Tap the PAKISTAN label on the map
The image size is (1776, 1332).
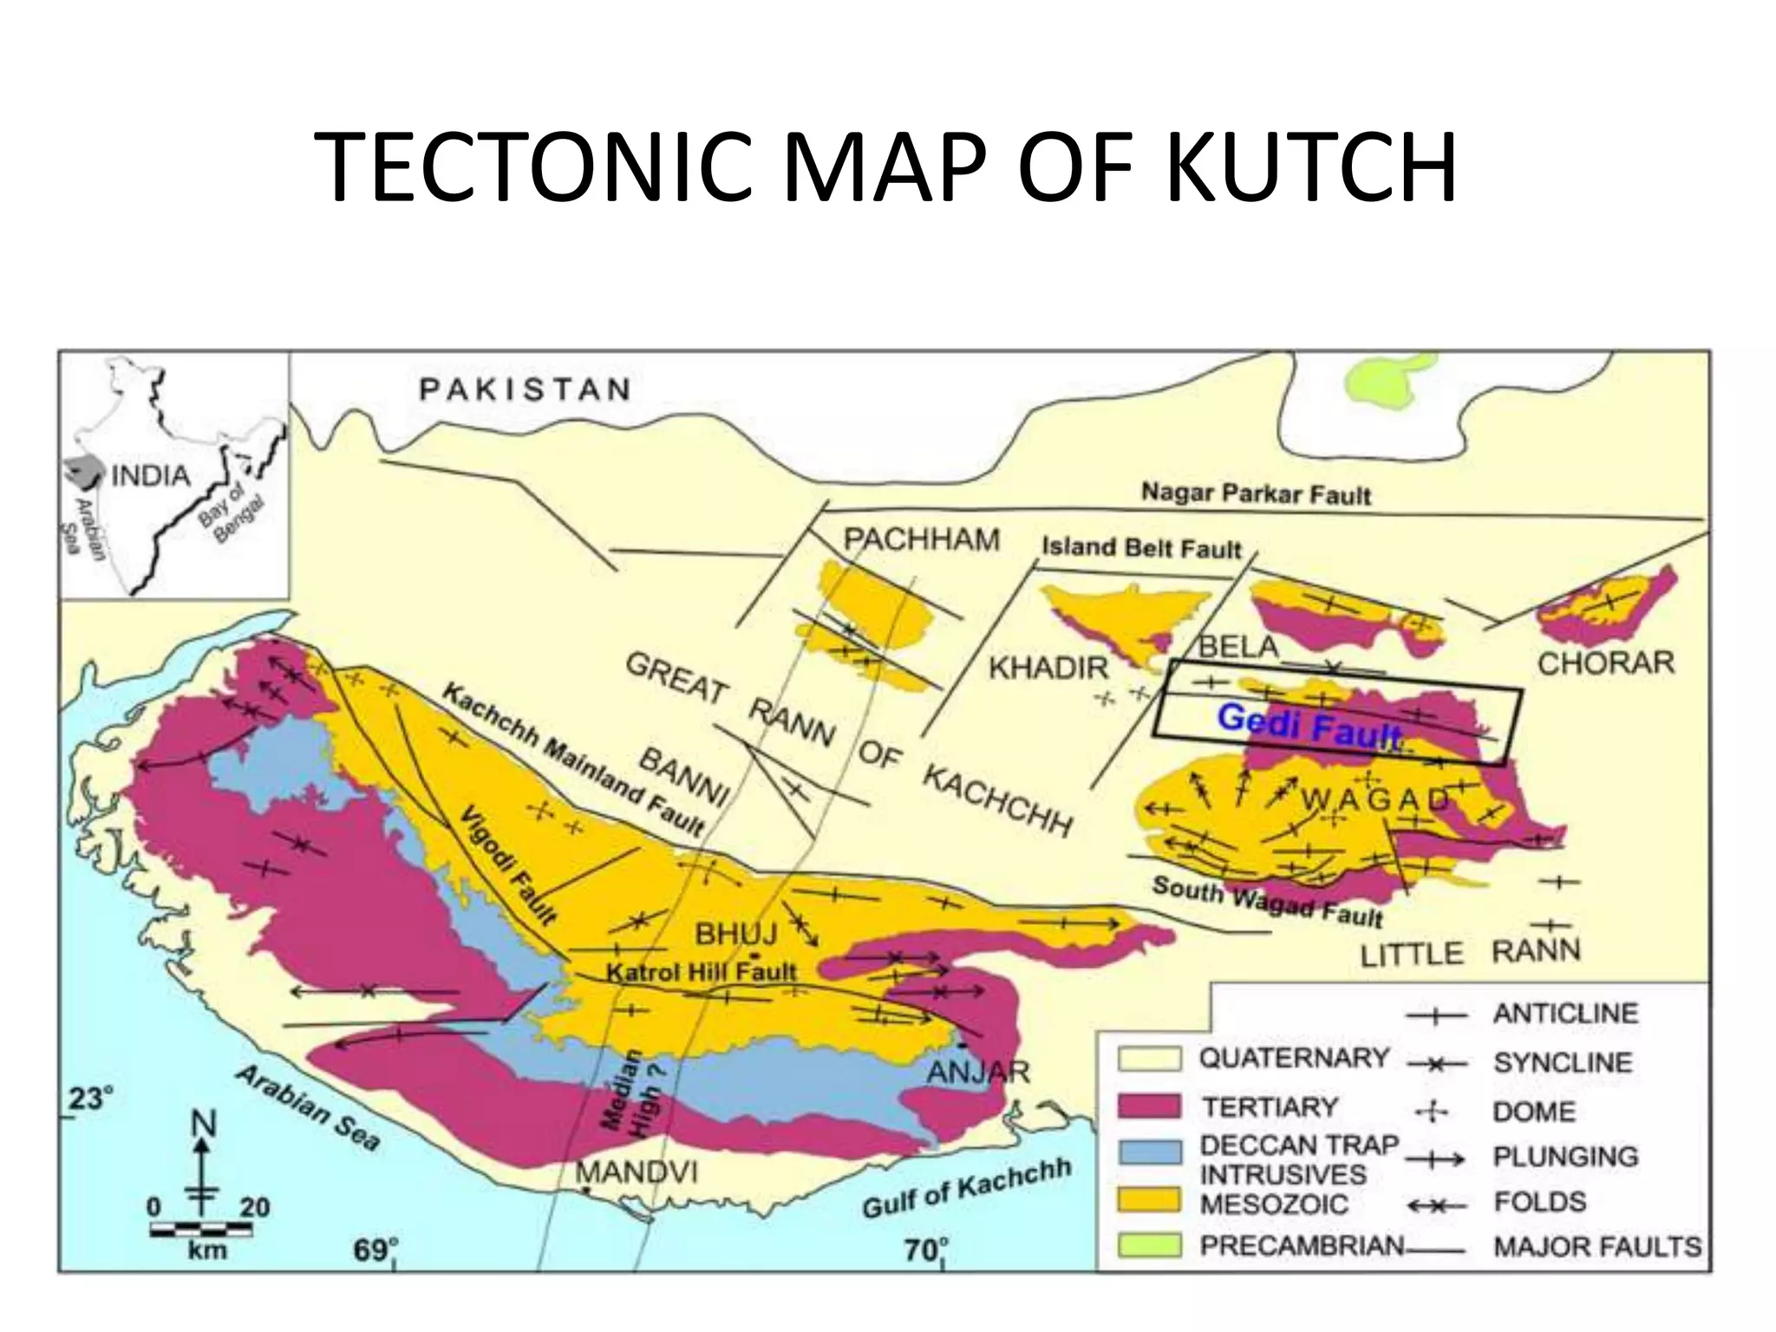click(525, 389)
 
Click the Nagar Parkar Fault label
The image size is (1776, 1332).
click(1256, 494)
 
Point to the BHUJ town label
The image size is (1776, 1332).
click(736, 934)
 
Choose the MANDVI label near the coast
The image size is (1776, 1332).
click(637, 1172)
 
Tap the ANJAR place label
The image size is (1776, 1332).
click(978, 1072)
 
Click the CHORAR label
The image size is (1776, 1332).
click(1605, 663)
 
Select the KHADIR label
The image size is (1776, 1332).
click(1048, 668)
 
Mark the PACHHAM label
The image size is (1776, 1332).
click(921, 539)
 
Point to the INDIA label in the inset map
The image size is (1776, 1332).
click(151, 475)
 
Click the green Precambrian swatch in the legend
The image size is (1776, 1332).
click(1149, 1245)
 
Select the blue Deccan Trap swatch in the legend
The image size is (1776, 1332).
click(1149, 1152)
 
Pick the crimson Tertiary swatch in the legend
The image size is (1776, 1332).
click(1149, 1107)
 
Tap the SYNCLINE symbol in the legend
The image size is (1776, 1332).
click(1435, 1063)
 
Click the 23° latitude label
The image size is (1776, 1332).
click(90, 1099)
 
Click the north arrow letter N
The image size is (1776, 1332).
click(203, 1126)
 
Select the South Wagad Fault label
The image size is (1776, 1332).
click(1266, 901)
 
